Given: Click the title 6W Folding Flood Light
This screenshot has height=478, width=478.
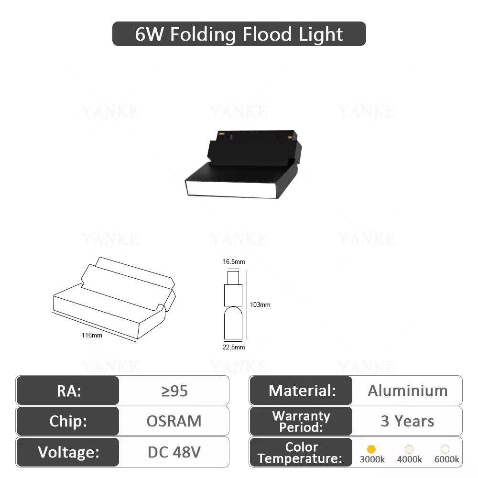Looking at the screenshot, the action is (239, 34).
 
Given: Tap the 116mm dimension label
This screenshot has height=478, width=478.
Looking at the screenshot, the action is (92, 336).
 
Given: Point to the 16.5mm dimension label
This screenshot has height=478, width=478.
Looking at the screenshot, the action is (234, 261).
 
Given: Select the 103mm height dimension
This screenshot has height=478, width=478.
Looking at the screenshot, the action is (260, 304).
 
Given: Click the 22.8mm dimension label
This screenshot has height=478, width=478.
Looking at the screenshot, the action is (234, 347).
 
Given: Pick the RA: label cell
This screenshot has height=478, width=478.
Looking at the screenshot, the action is (68, 391).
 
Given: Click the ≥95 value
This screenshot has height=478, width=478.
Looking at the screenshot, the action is (174, 391).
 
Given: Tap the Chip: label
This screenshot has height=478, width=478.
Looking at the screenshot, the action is (68, 421).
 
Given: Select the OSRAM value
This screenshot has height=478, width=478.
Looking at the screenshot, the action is (174, 421).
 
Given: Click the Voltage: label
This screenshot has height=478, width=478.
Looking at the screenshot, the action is (68, 452).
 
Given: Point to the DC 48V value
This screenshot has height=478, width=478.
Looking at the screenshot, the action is (174, 452).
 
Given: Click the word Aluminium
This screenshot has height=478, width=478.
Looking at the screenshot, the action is (408, 391).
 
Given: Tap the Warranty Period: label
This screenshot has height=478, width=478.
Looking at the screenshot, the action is (301, 421).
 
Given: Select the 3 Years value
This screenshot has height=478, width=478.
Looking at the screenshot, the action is (407, 421).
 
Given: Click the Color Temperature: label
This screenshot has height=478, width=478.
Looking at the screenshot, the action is (301, 452).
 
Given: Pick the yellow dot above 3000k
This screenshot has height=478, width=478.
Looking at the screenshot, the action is (371, 449).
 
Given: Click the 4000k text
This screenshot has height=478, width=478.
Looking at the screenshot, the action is (409, 459).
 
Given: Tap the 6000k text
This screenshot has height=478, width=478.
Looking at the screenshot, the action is (446, 459).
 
